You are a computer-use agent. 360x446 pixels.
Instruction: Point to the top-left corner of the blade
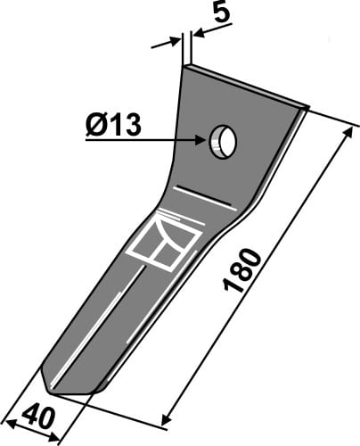[x=186, y=65]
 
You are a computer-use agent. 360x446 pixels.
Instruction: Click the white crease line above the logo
[x=206, y=196]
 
